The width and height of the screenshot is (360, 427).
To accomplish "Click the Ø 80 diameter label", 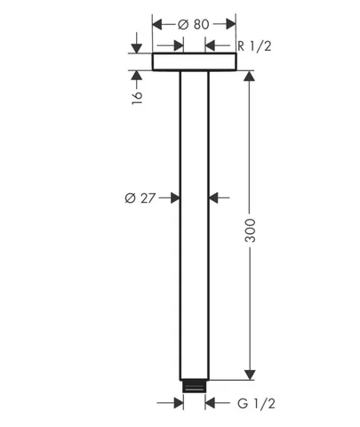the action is (194, 24).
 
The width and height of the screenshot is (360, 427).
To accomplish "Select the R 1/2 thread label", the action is (254, 46).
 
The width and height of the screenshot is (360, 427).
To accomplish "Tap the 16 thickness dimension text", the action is (137, 97).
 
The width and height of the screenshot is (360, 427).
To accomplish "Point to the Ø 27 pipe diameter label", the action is (140, 197).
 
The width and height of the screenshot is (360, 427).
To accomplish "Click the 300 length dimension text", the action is (250, 230).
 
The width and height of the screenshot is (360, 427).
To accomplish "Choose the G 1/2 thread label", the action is (256, 403).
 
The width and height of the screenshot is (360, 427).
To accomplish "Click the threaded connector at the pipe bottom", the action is (194, 386).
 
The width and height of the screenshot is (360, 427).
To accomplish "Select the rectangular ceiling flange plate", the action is (195, 61).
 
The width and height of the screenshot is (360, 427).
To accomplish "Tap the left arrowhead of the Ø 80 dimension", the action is (157, 24).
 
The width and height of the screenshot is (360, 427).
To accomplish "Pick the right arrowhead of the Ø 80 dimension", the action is (231, 24).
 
